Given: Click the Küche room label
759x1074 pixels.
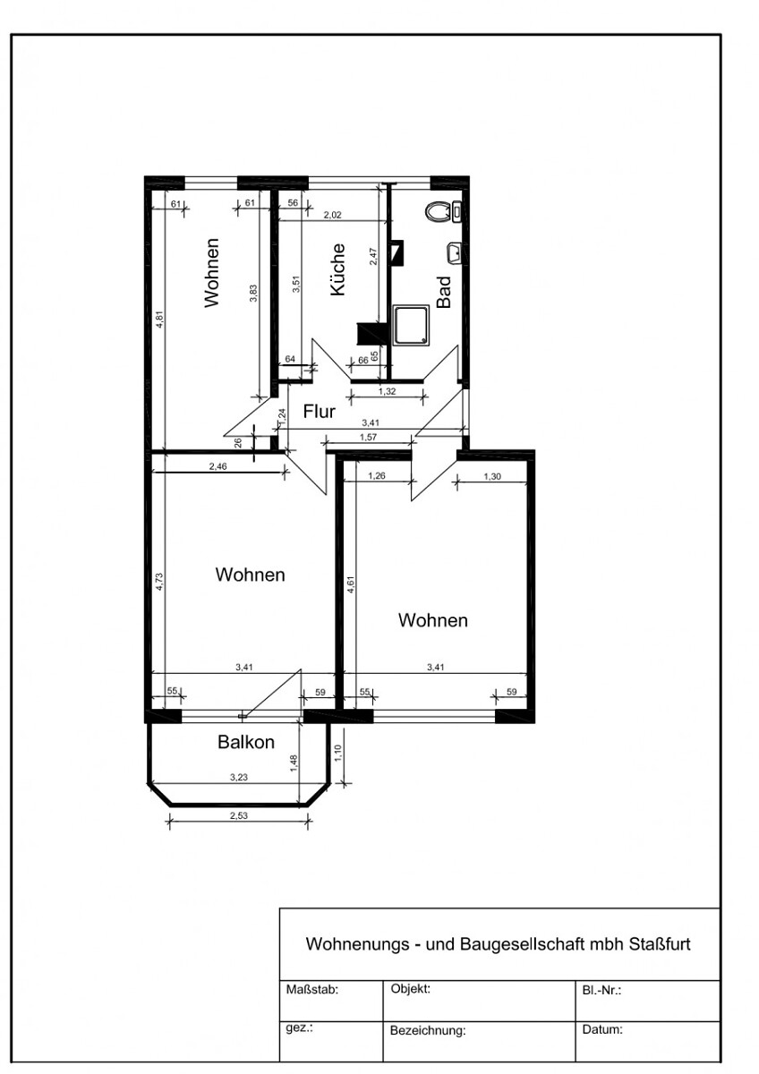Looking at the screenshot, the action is click(338, 269).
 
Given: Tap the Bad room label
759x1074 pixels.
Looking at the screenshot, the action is click(444, 292).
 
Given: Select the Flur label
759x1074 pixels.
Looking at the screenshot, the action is click(319, 412).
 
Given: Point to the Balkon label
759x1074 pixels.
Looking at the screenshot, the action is click(246, 742).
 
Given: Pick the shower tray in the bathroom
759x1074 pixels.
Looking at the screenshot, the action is click(411, 326).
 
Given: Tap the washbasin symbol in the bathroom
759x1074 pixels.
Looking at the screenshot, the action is click(454, 252).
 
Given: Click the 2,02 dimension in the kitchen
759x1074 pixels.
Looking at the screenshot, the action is click(332, 215).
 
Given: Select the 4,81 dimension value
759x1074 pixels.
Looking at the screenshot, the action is click(159, 320).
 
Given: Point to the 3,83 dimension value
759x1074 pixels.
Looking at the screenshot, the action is click(253, 293).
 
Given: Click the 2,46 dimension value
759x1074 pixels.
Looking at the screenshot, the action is click(217, 466).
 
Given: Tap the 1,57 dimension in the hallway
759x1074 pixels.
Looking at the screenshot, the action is click(368, 437).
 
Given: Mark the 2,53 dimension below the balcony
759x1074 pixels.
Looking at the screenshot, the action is click(238, 815).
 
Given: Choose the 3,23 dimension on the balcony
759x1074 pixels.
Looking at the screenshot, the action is click(238, 777).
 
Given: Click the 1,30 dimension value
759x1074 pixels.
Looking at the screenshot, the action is click(492, 476).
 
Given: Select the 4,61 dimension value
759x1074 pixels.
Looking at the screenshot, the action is click(352, 585).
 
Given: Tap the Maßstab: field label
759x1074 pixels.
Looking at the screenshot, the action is click(312, 990).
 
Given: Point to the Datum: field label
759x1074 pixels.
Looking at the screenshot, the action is click(602, 1029).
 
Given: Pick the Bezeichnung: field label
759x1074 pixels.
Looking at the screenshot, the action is click(428, 1030).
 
